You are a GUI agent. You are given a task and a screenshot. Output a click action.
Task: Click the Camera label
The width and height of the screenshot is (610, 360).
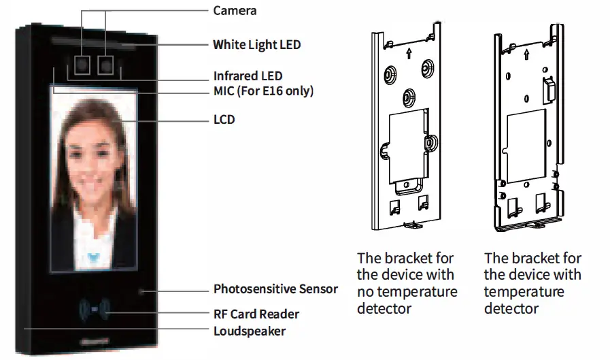pos(235,10)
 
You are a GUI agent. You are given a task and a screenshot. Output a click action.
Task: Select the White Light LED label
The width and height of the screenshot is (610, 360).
pos(256,45)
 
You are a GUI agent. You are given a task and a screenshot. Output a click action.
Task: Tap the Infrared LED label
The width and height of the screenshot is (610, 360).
pos(248,76)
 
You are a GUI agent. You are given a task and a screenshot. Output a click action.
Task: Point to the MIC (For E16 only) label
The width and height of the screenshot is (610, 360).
pos(263,91)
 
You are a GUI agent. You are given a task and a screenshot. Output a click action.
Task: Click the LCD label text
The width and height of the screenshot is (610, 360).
pos(224,120)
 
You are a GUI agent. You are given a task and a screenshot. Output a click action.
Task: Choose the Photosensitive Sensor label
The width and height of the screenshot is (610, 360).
pos(275,289)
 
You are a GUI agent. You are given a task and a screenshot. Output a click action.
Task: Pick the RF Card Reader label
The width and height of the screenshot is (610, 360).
pos(256,314)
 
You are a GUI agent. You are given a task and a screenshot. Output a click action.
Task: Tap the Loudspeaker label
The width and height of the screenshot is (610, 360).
pos(250,331)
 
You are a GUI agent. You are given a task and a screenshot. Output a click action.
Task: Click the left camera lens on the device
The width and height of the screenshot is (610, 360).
pos(83,65)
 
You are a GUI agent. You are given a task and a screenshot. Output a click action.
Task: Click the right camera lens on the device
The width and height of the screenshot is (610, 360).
pos(105,65)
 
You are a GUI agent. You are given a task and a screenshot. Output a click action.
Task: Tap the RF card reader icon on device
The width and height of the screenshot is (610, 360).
pos(95,310)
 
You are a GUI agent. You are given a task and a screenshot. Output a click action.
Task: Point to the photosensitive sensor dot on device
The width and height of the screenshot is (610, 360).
pos(142,291)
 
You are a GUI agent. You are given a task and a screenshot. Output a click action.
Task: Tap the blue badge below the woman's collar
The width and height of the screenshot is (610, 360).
pos(95,257)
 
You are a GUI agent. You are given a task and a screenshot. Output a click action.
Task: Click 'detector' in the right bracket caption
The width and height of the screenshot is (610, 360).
pos(511,308)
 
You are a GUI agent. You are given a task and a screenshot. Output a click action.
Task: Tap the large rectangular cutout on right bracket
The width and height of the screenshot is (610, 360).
pos(527,131)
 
